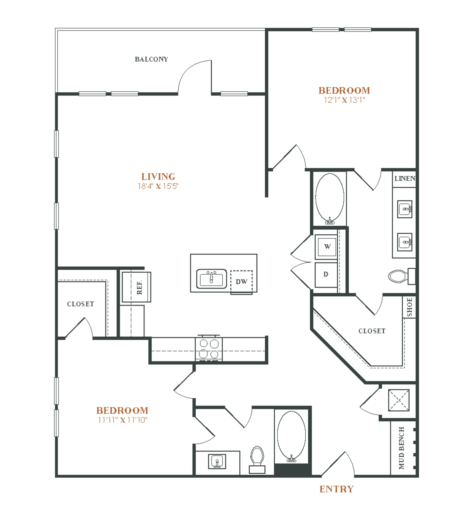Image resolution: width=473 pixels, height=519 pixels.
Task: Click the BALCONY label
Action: pyautogui.click(x=151, y=59)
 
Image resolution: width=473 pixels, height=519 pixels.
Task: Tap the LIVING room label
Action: pyautogui.click(x=158, y=177)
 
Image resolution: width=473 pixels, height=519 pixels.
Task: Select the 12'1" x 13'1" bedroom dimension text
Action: pyautogui.click(x=344, y=100)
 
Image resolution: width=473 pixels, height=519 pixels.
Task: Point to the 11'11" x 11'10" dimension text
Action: pyautogui.click(x=122, y=420)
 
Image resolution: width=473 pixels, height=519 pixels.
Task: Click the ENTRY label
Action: pyautogui.click(x=336, y=489)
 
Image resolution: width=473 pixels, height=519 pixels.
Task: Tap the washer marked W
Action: pyautogui.click(x=326, y=247)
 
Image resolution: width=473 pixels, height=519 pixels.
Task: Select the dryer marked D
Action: pyautogui.click(x=326, y=275)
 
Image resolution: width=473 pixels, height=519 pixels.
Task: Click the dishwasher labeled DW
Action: pyautogui.click(x=241, y=282)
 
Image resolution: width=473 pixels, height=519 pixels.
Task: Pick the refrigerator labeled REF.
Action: pyautogui.click(x=136, y=287)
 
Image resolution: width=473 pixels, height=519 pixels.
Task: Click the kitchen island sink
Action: pyautogui.click(x=211, y=279)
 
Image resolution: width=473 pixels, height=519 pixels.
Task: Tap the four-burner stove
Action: pyautogui.click(x=209, y=349)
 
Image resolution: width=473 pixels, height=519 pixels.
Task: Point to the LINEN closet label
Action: pyautogui.click(x=405, y=178)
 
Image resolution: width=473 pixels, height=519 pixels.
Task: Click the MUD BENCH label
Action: pyautogui.click(x=401, y=448)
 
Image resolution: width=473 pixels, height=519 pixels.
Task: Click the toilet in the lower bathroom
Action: pyautogui.click(x=257, y=460)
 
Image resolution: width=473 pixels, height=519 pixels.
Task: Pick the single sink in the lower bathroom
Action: pyautogui.click(x=217, y=462)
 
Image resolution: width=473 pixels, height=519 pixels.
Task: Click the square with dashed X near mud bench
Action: pyautogui.click(x=399, y=400)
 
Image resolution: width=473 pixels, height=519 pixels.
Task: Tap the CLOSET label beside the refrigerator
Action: pyautogui.click(x=80, y=304)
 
